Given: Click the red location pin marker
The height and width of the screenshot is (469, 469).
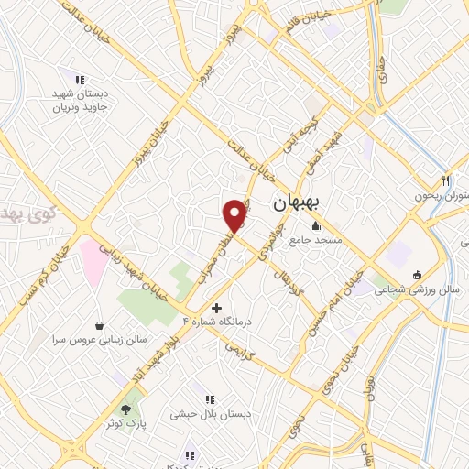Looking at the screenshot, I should coord(235,213).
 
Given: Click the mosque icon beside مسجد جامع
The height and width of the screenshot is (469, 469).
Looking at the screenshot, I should coord(316,226).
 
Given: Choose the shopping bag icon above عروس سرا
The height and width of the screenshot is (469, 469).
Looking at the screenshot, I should coord(100,325).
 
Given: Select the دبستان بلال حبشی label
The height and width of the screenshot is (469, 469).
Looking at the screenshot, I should coord(210,414).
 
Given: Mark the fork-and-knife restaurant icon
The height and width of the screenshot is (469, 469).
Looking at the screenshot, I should coord(445,180).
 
